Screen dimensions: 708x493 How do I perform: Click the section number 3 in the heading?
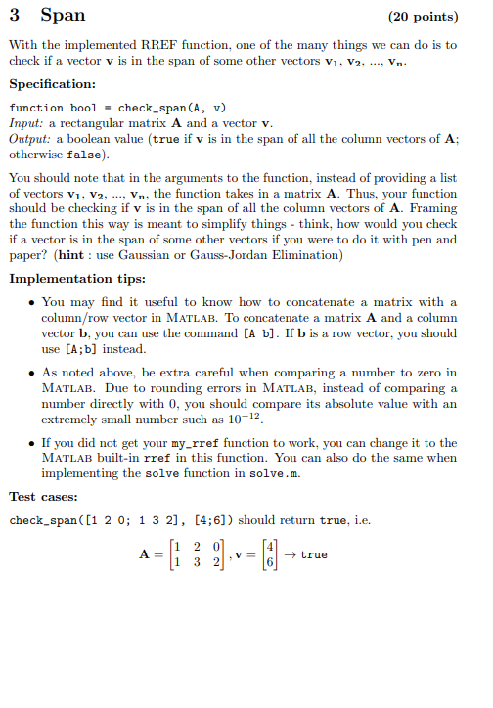tap(14, 16)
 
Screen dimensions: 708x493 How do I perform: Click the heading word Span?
tap(63, 16)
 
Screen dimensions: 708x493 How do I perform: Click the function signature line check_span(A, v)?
tap(117, 108)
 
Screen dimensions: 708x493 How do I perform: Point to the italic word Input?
tap(28, 123)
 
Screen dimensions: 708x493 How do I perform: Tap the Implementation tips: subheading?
tap(78, 279)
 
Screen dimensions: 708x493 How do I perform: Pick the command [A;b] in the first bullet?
tap(83, 349)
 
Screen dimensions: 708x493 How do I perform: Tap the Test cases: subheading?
tap(48, 497)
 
